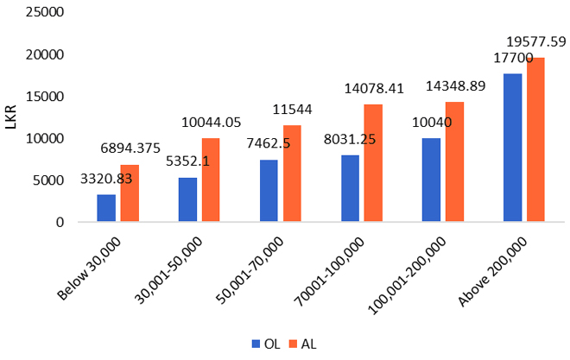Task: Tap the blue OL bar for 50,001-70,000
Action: (x=268, y=191)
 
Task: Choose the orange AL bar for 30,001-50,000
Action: (x=210, y=180)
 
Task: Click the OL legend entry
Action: (x=263, y=344)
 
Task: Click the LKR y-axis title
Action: (x=11, y=117)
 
